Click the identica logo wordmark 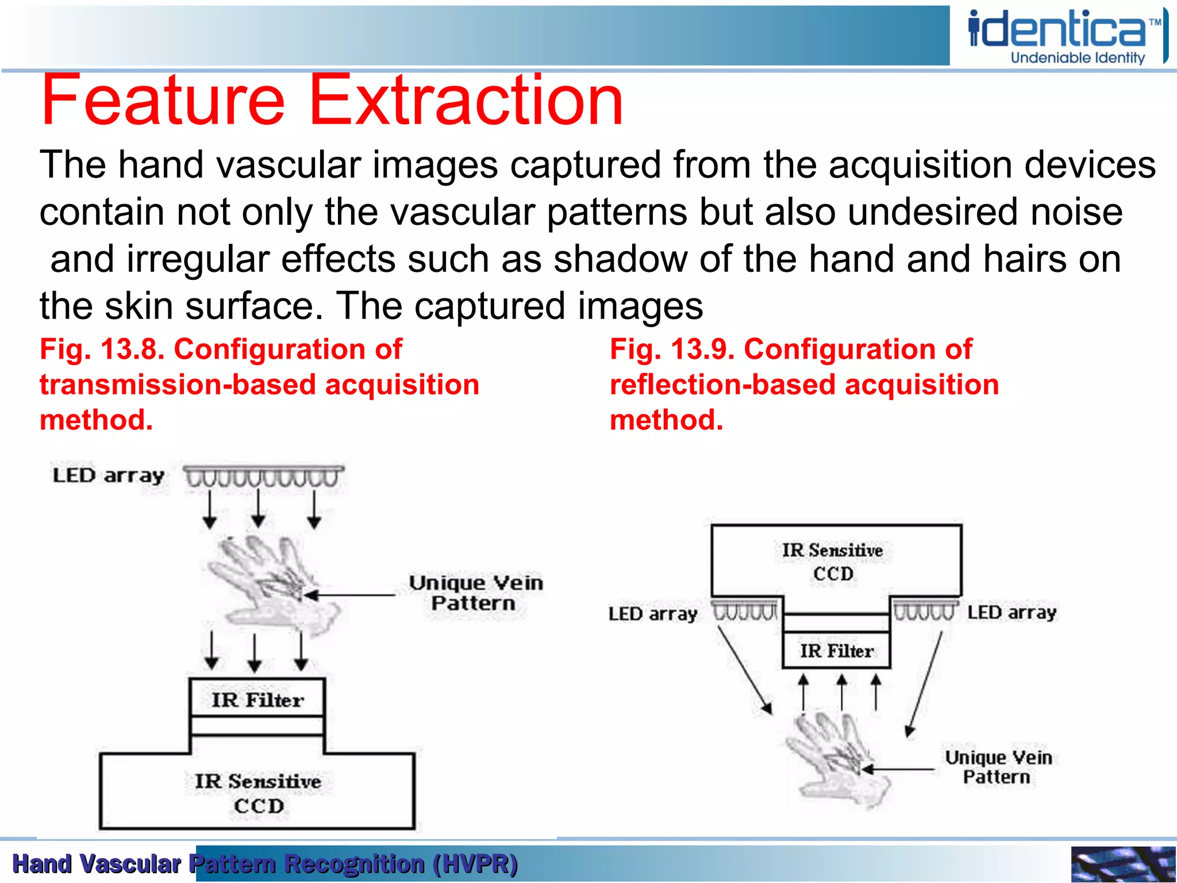tap(1057, 30)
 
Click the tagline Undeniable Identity tap(1078, 58)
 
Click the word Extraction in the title tap(466, 101)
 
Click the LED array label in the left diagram tap(108, 476)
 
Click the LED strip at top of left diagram tap(263, 477)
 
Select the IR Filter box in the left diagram tap(257, 699)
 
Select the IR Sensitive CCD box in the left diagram tap(257, 793)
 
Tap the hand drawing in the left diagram tap(270, 586)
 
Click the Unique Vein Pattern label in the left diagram tap(475, 593)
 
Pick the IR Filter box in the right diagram tap(836, 651)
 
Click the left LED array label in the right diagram tap(652, 614)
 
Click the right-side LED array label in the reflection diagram tap(1011, 613)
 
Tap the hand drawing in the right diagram tap(836, 759)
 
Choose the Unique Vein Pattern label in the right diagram tap(998, 767)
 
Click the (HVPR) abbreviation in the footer tap(475, 863)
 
